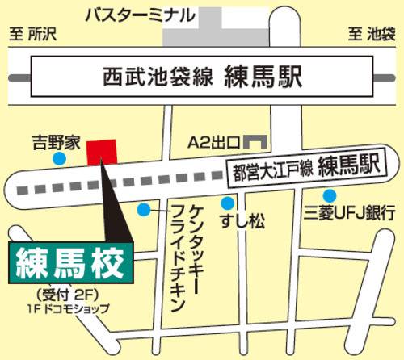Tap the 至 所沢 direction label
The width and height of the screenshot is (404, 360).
(x=37, y=35)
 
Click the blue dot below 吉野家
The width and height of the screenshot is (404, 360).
(x=59, y=160)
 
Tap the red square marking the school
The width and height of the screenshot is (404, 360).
(x=102, y=152)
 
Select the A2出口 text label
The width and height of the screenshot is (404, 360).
(x=213, y=143)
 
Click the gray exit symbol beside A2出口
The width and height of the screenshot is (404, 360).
(x=256, y=142)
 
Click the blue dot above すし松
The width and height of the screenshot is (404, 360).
(x=229, y=203)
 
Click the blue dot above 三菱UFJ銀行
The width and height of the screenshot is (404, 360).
(x=329, y=196)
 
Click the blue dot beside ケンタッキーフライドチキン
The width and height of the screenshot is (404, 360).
(x=143, y=210)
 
